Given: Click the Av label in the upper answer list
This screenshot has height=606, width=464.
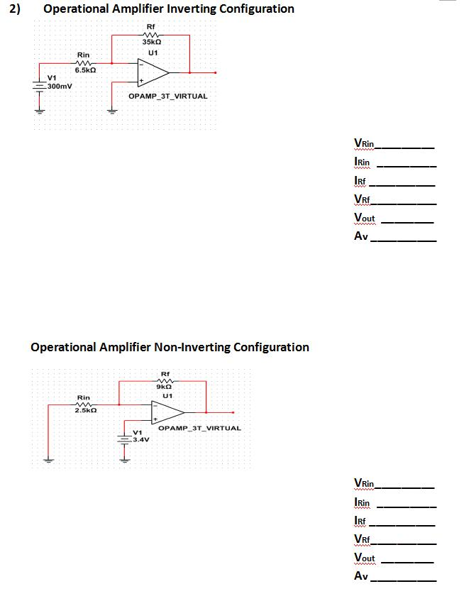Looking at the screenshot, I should [x=361, y=237].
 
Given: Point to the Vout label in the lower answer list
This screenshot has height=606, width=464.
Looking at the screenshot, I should [x=365, y=558].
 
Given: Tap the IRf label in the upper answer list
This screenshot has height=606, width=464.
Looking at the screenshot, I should [x=361, y=182].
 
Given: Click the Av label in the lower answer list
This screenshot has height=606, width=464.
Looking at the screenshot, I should [x=361, y=576].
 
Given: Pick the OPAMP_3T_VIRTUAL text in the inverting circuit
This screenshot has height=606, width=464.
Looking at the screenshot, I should [x=168, y=96].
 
